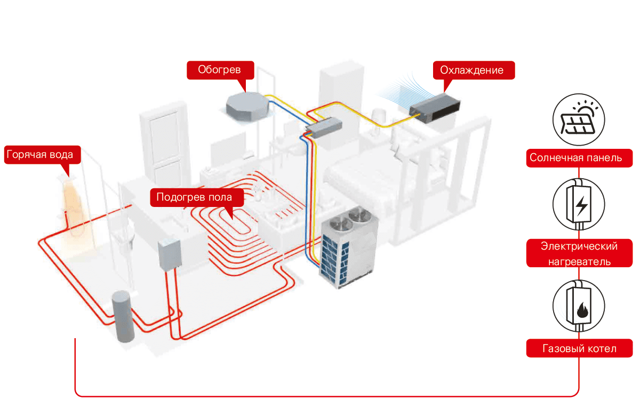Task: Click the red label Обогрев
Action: (220, 70)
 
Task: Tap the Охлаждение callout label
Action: (471, 70)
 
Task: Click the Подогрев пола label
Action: (194, 198)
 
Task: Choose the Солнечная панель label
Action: (579, 158)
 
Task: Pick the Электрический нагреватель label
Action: (579, 253)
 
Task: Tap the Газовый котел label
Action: (579, 348)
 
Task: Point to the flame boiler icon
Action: (579, 308)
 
